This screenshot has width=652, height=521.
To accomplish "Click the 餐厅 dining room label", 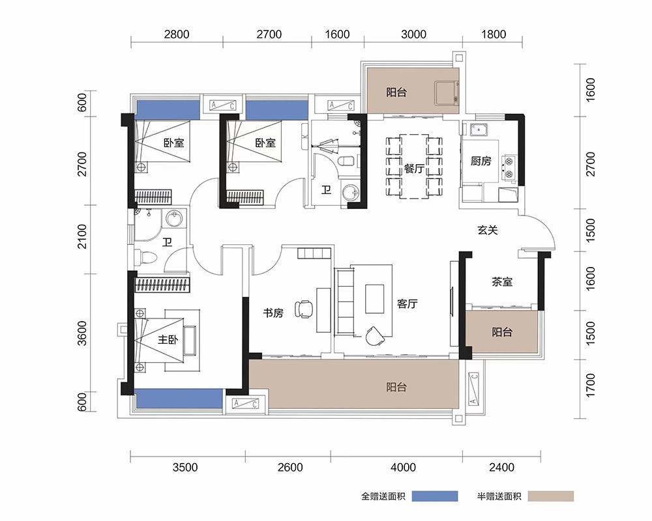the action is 414,168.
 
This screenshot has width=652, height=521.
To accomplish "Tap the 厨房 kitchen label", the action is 481,161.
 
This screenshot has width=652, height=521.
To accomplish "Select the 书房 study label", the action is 273,313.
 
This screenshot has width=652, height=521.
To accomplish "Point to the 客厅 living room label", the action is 407,303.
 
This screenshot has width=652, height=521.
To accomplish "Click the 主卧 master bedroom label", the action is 168,340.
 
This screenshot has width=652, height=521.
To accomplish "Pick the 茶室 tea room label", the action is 502,282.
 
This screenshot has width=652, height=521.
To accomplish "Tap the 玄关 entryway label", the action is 487,230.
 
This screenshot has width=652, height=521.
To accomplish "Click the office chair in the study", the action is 304,309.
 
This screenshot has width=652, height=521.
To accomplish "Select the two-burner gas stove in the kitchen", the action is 509,167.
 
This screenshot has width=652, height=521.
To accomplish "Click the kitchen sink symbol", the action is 479,130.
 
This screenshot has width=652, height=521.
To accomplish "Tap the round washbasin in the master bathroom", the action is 175,219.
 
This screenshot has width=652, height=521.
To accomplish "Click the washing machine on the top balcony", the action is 447,94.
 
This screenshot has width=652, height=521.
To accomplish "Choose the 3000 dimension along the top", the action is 413,34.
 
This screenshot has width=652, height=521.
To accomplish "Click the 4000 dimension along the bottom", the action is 403,468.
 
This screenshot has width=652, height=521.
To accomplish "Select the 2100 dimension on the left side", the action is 82,236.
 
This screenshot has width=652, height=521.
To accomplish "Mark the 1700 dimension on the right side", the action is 590,385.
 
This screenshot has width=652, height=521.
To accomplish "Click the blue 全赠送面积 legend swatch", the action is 435,496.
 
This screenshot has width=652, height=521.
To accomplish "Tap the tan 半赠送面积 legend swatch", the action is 551,496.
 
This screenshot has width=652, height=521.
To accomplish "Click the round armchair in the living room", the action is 375,335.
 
